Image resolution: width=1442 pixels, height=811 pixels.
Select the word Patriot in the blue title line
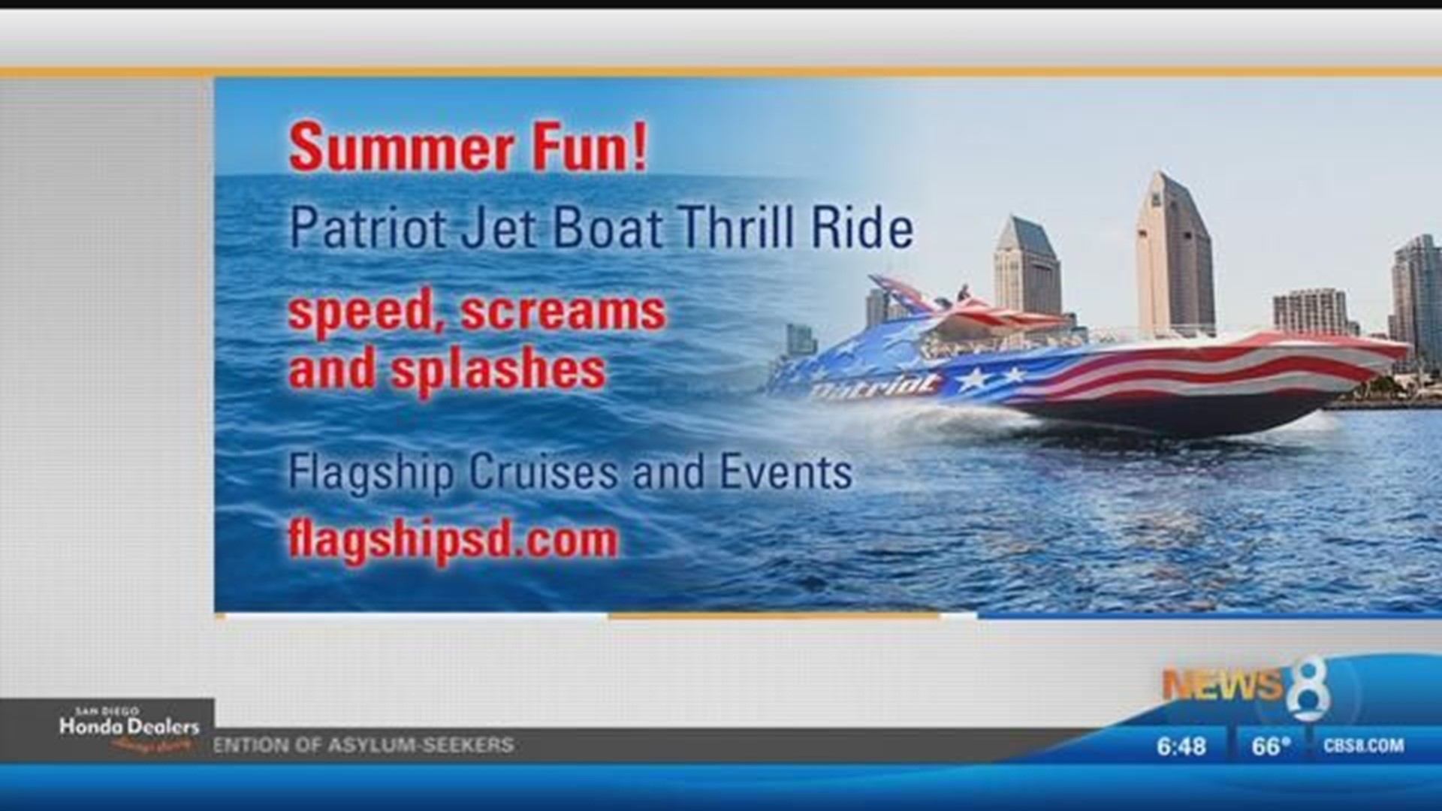tap(369, 228)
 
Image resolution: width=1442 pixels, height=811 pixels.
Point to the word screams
tap(563, 312)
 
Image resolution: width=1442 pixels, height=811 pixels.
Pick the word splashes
tap(499, 371)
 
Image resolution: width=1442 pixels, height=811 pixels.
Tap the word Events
tap(786, 472)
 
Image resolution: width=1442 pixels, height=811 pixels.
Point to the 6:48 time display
tap(1181, 746)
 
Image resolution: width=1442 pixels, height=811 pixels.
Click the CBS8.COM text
tap(1363, 746)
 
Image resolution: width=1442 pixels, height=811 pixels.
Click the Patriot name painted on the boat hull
tap(875, 386)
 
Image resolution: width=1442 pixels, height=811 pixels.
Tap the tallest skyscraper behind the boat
tap(1173, 255)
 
